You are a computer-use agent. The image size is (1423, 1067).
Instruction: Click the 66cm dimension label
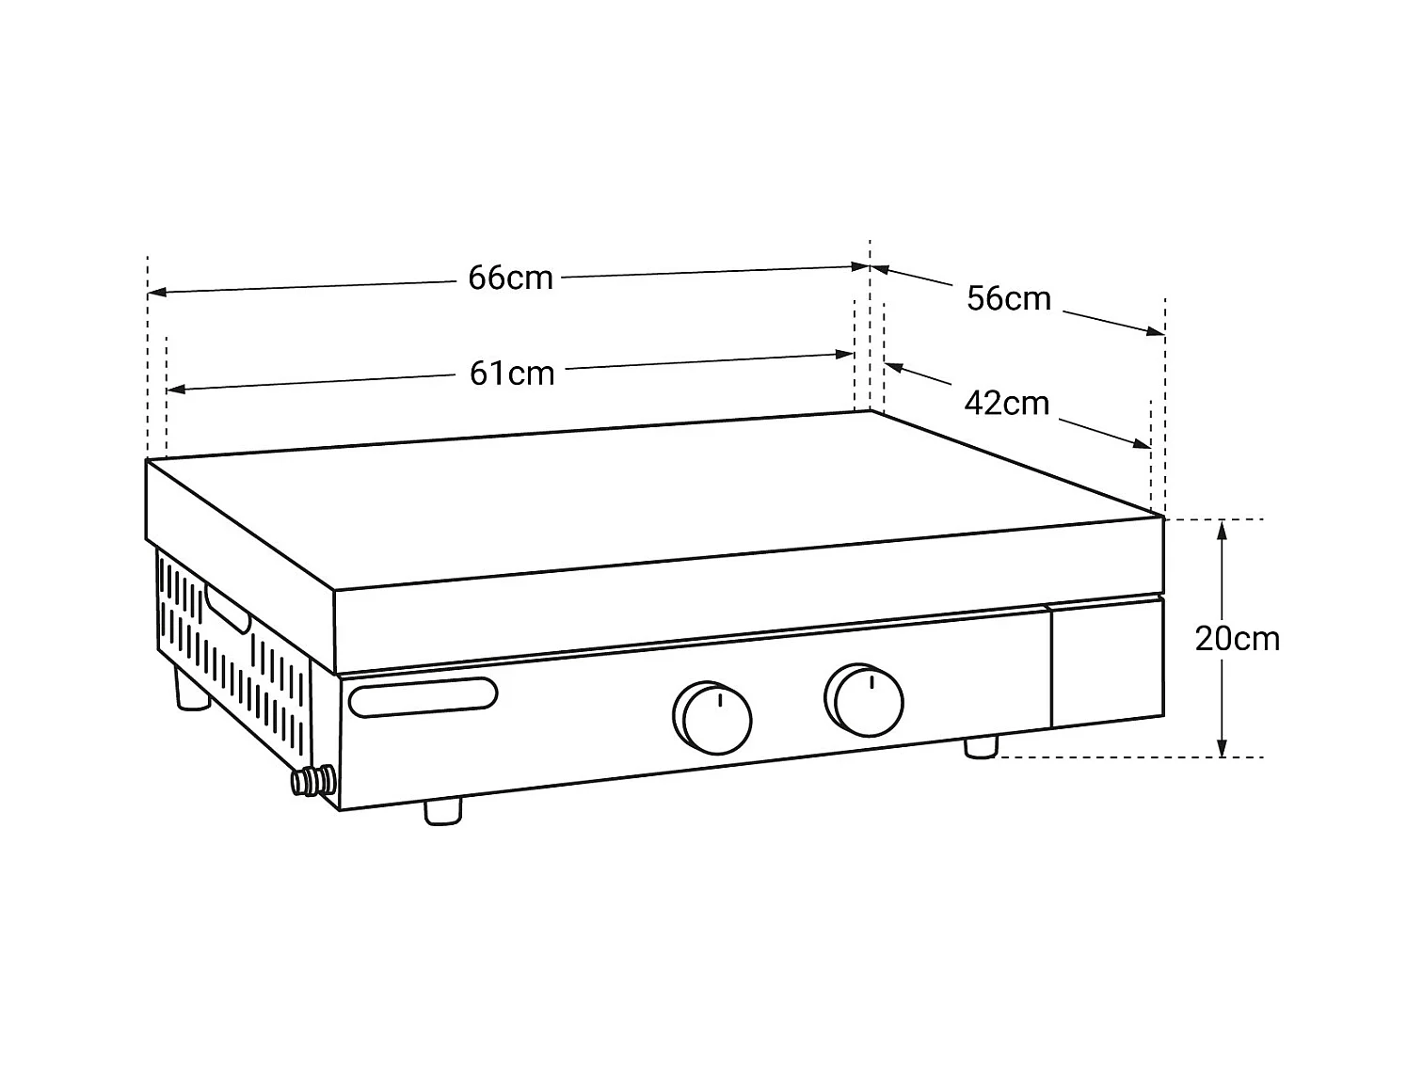pos(510,279)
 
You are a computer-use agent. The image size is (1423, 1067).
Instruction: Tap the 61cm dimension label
pos(512,374)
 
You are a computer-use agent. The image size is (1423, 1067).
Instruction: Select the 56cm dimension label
pos(1008,299)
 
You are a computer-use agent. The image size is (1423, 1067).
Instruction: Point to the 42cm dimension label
pos(1006,404)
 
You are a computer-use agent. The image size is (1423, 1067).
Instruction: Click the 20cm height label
pos(1237,639)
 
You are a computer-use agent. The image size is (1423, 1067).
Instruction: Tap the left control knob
pos(712,717)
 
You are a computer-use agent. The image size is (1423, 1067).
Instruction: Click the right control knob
pos(865,700)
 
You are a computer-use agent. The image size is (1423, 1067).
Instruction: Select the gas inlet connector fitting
pos(312,780)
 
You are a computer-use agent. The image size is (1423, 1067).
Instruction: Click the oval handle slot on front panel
pos(423,696)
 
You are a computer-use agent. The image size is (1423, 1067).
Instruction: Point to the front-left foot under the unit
pos(443,811)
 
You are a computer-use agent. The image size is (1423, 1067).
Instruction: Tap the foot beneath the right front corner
pos(981,747)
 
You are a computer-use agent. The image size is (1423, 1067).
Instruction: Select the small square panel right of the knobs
pos(1107,663)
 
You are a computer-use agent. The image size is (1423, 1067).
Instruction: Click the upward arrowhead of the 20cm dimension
pos(1222,528)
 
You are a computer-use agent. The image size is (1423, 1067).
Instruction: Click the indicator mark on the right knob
pos(872,681)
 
